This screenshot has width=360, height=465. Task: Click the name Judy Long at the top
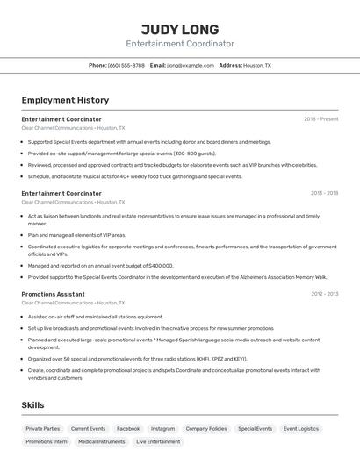179,29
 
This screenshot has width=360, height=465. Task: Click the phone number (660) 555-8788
126,65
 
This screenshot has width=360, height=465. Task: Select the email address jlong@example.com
191,65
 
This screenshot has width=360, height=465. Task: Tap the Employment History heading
65,100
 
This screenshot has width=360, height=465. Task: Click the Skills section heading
33,404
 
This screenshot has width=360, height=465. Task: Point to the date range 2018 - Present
320,119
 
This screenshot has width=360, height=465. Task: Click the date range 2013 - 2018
324,193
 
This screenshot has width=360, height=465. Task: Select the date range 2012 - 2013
324,294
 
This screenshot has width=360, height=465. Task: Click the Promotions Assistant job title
53,294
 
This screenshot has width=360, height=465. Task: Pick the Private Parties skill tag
43,429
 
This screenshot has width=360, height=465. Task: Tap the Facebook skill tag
128,429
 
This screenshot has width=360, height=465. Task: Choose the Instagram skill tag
162,429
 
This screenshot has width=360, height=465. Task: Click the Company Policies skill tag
206,429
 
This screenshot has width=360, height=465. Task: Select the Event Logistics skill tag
301,429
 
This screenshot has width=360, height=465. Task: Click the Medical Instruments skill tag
101,442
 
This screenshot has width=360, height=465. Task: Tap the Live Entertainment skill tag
158,442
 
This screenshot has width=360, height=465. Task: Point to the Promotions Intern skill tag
47,442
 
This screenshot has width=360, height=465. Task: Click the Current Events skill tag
88,429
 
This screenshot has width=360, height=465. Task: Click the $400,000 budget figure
161,265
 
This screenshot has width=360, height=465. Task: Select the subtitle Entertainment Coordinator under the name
179,44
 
